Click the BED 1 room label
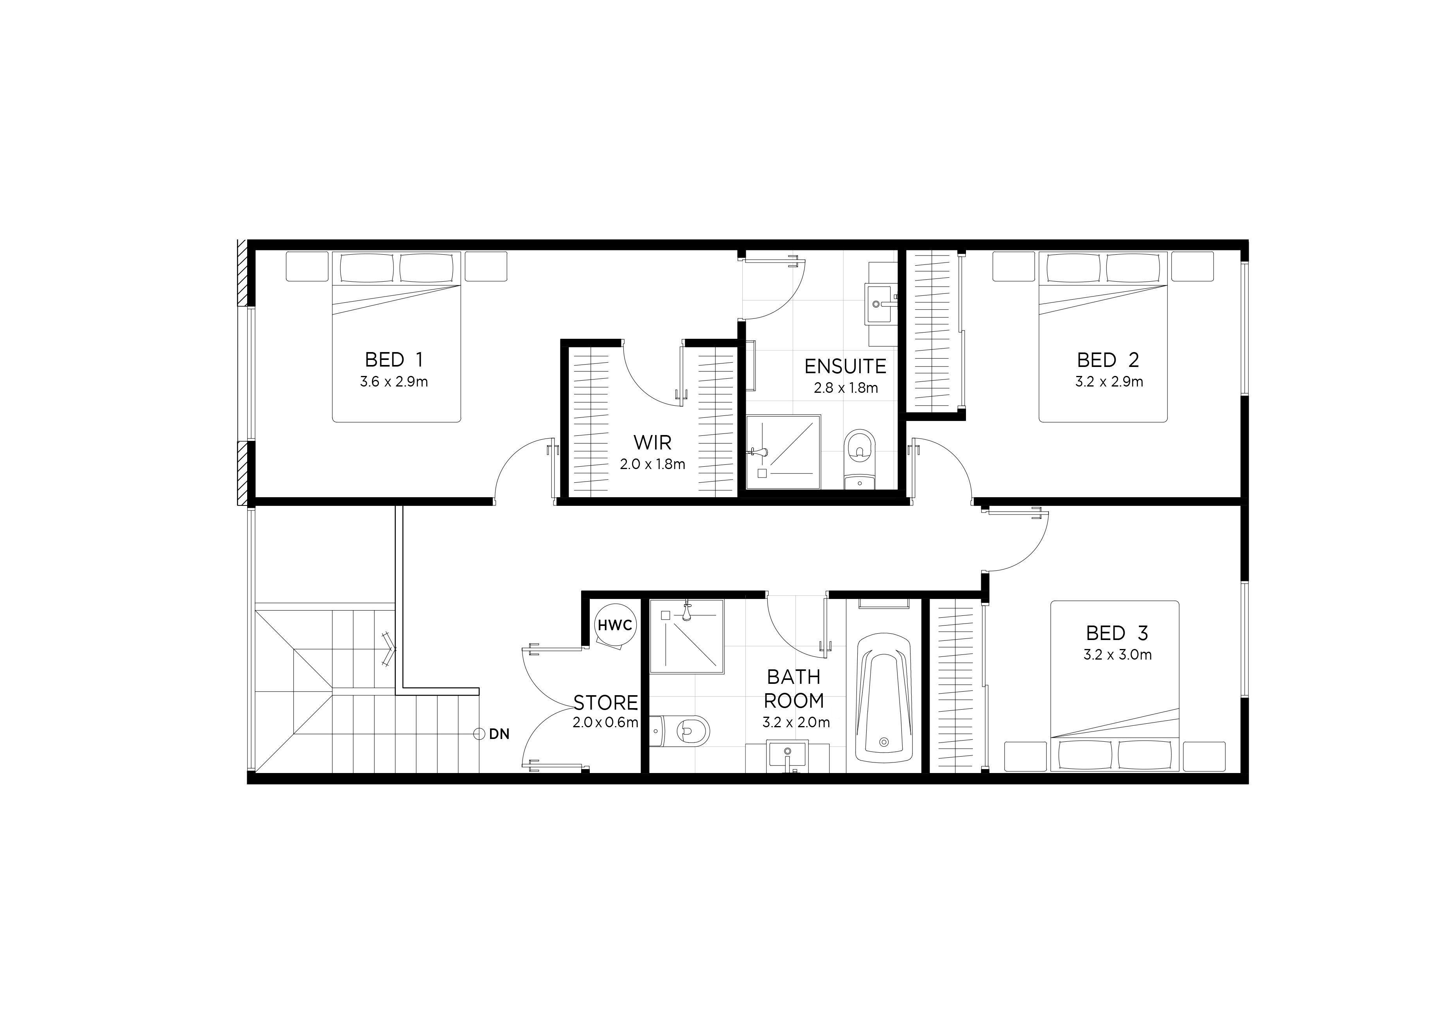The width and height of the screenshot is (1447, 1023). click(394, 360)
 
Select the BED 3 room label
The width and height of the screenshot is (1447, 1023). click(1117, 633)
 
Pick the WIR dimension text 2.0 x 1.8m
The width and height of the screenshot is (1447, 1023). click(652, 464)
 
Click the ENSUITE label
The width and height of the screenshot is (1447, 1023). click(845, 366)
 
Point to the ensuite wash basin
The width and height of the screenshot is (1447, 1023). click(880, 304)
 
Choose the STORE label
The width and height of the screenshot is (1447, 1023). click(605, 702)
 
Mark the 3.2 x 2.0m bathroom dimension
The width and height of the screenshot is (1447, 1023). click(796, 722)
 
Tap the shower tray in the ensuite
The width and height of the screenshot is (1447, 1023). click(784, 452)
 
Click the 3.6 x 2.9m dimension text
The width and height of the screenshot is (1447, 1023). click(394, 382)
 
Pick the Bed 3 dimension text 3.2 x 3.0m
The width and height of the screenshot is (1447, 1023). click(1117, 655)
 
